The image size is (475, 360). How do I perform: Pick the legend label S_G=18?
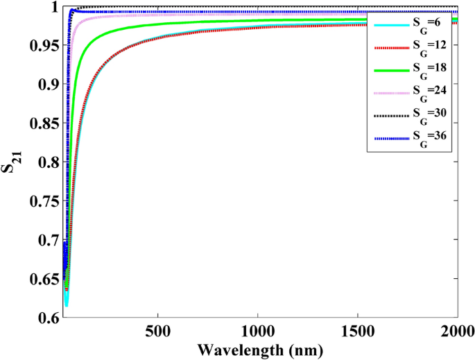tap(423, 71)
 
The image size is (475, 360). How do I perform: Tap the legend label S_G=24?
tap(423, 94)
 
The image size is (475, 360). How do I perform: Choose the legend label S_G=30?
tap(423, 116)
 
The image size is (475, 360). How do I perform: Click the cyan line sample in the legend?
tap(389, 25)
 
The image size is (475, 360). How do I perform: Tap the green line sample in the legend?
tap(389, 70)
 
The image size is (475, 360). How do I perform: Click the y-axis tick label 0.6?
tap(46, 318)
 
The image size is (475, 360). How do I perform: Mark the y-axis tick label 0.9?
tap(46, 84)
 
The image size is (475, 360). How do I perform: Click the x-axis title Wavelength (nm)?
tap(259, 349)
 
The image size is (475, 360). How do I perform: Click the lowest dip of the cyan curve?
tap(67, 304)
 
